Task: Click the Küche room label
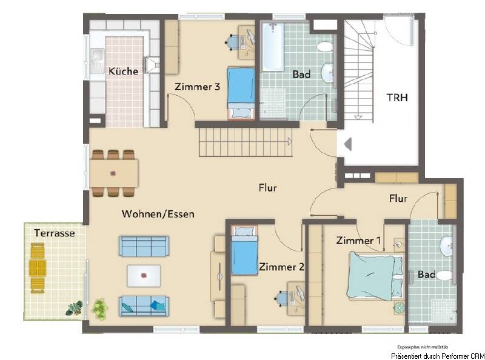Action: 123,71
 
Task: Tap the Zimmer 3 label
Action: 197,87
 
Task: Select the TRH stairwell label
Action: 398,97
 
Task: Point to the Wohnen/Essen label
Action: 158,214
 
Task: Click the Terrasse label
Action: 54,233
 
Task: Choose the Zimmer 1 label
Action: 359,241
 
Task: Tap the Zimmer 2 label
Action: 281,267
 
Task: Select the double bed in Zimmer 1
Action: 374,276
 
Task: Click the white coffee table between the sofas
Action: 144,275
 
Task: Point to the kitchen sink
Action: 96,58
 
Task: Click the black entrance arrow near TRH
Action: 348,144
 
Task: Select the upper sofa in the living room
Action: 144,246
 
